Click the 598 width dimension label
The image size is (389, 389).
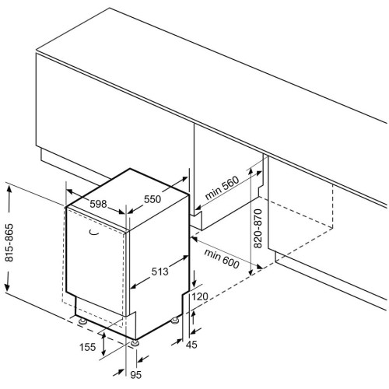tap(98, 204)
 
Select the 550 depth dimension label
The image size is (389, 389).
tap(152, 199)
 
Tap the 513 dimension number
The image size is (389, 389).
tap(159, 272)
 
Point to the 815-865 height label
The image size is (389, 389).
tap(9, 243)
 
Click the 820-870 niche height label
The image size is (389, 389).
tap(258, 229)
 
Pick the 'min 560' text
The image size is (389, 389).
tap(222, 187)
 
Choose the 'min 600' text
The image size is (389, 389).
tap(221, 258)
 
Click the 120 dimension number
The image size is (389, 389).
tap(200, 296)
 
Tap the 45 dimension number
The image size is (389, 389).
tap(191, 345)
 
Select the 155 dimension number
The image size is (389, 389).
tap(87, 347)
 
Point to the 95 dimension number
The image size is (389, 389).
tap(136, 375)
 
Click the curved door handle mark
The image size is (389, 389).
tap(94, 233)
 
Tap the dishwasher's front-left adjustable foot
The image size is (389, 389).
tap(82, 321)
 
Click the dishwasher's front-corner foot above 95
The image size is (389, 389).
tap(135, 343)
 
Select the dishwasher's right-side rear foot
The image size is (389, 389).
tap(174, 321)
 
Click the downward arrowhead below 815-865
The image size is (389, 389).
tap(7, 286)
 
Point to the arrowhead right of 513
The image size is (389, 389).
tap(184, 258)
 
